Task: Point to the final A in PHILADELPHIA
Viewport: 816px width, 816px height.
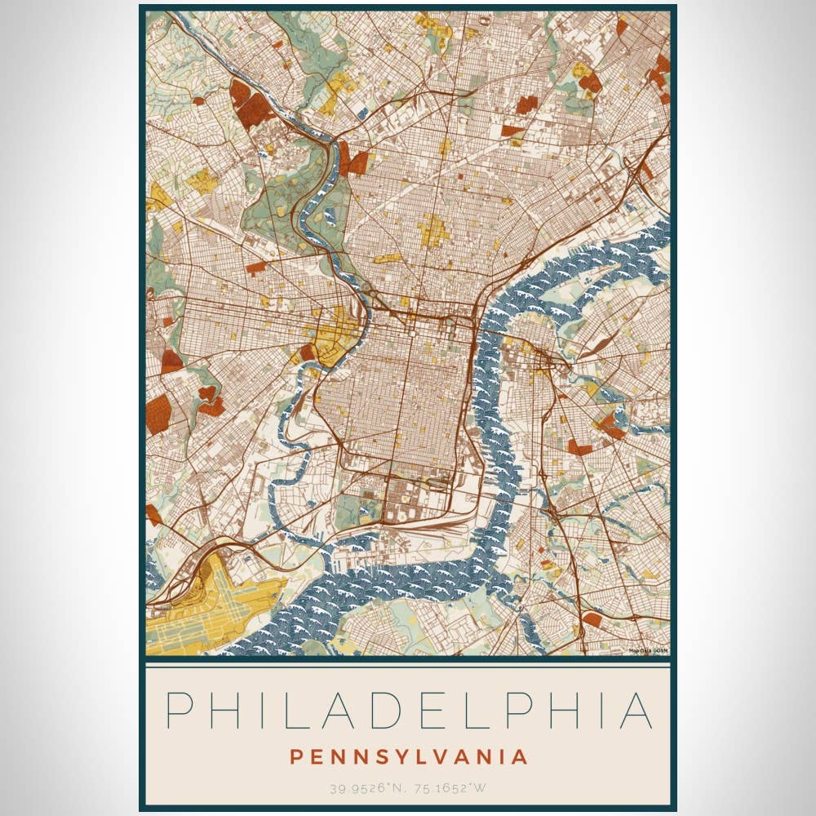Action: coord(636,711)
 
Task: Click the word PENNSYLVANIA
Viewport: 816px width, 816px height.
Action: coord(408,756)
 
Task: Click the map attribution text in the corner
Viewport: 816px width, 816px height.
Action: coord(649,651)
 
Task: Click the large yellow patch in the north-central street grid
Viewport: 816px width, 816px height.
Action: coord(433,230)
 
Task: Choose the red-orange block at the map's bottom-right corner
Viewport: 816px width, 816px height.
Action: coord(593,620)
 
